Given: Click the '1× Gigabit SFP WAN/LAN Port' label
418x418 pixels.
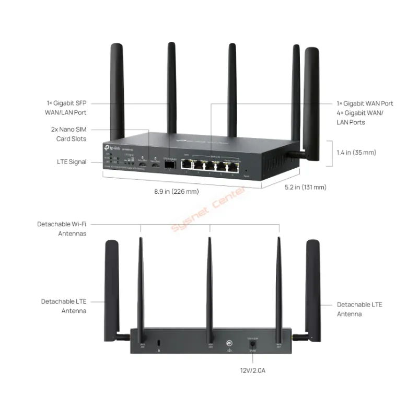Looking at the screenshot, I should pyautogui.click(x=65, y=108).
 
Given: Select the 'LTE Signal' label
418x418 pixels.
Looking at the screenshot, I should pyautogui.click(x=72, y=162).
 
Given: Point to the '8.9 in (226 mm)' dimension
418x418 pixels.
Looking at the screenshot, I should pyautogui.click(x=176, y=192).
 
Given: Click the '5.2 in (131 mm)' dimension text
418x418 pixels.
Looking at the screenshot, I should pyautogui.click(x=305, y=187).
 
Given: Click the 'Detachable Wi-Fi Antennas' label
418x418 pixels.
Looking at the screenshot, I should pyautogui.click(x=62, y=229).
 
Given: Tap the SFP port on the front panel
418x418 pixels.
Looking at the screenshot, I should pyautogui.click(x=169, y=166).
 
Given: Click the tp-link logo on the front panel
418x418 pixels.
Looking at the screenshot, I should pyautogui.click(x=113, y=144).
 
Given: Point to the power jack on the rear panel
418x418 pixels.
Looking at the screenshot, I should pyautogui.click(x=253, y=345).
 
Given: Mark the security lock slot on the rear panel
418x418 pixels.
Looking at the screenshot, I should pyautogui.click(x=159, y=343).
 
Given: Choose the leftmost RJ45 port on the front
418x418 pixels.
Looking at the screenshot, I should pyautogui.click(x=187, y=165).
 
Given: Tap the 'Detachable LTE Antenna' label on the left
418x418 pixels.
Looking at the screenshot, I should pyautogui.click(x=64, y=306).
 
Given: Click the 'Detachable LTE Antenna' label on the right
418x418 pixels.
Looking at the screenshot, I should pyautogui.click(x=359, y=309).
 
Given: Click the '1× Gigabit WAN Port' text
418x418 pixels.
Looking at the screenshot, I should pyautogui.click(x=365, y=103).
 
